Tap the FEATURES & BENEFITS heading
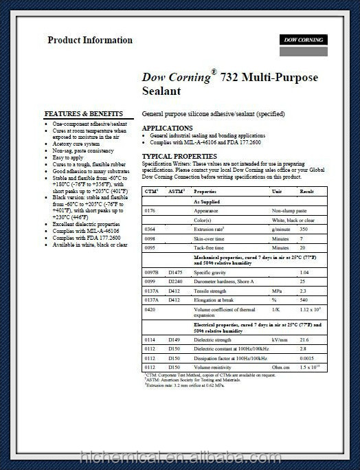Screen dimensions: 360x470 [84, 113]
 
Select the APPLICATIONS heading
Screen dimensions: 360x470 [167, 128]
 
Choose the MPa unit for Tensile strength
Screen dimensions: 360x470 [278, 291]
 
